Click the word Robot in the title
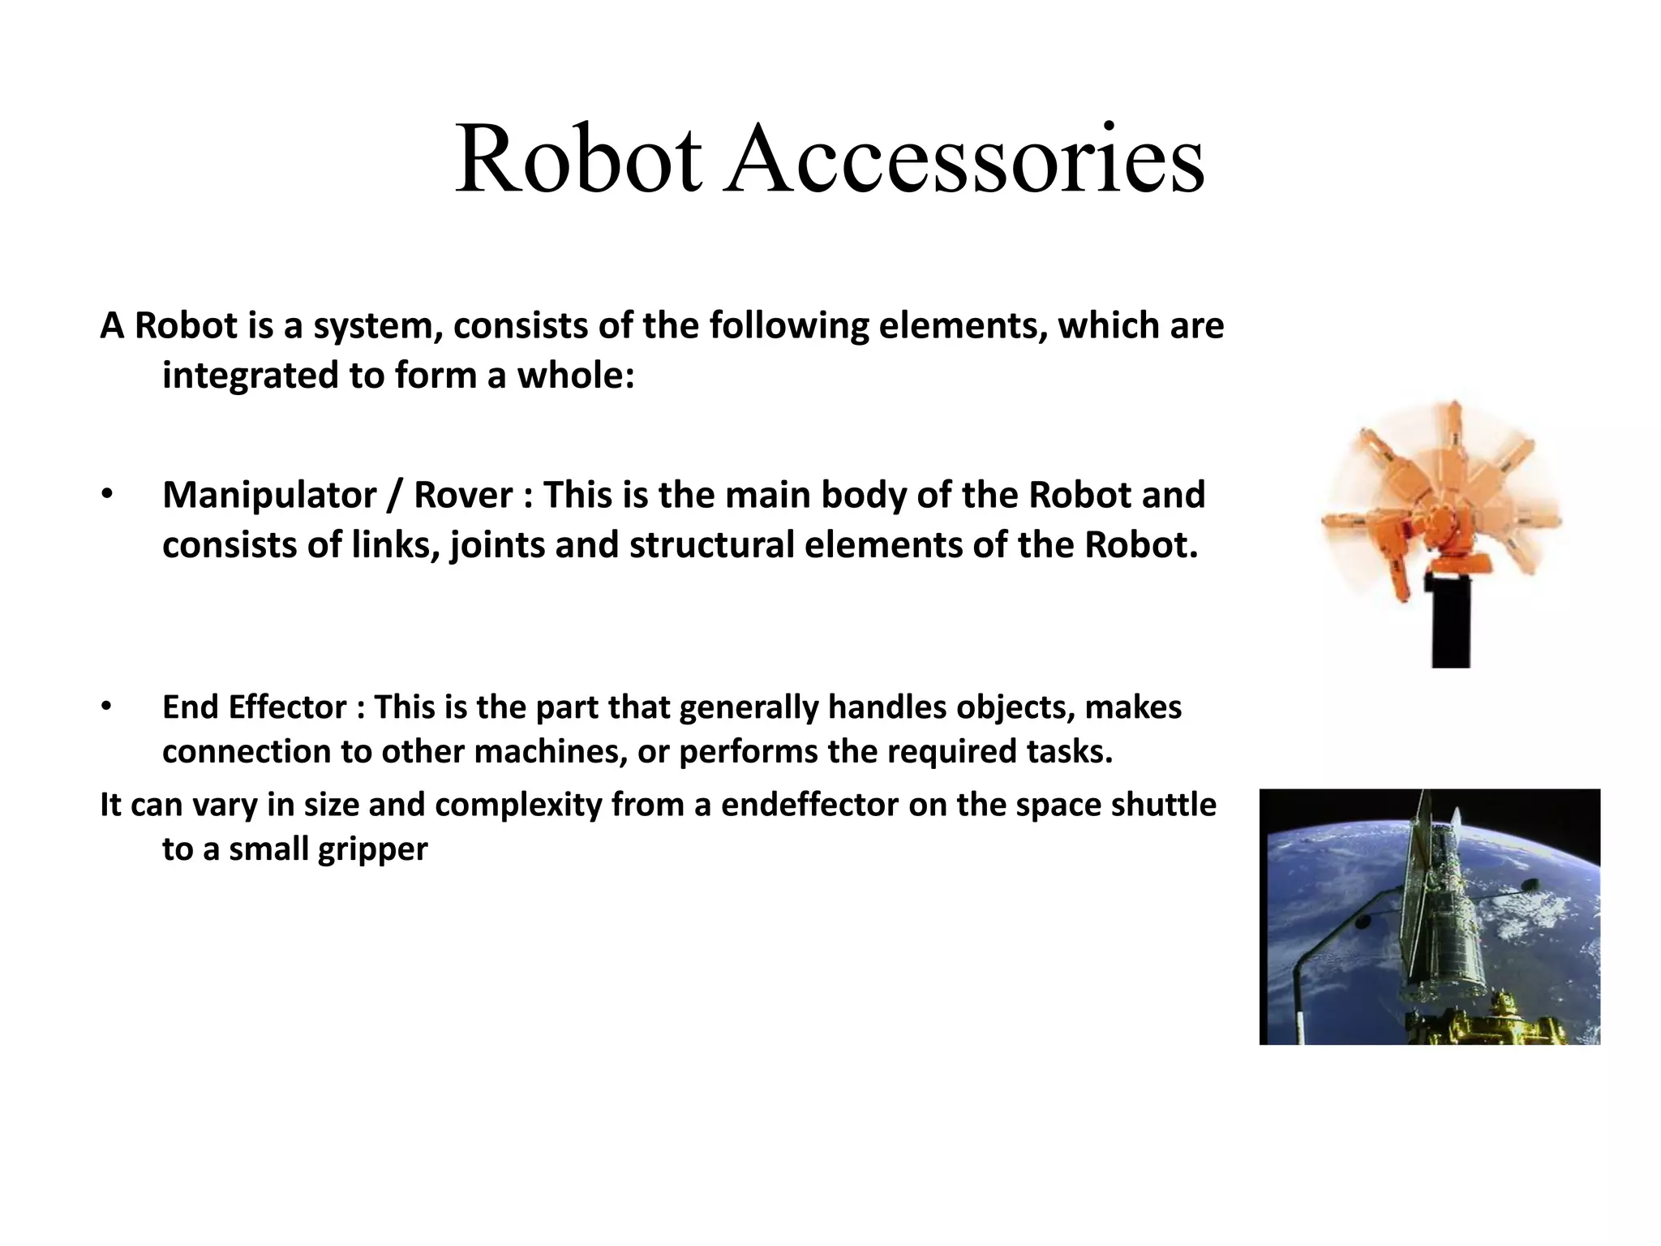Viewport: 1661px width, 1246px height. pyautogui.click(x=577, y=159)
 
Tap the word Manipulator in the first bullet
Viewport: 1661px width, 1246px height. pyautogui.click(x=269, y=495)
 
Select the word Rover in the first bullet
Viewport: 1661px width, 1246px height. pyautogui.click(x=463, y=495)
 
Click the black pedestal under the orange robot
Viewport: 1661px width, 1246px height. pyautogui.click(x=1450, y=621)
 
